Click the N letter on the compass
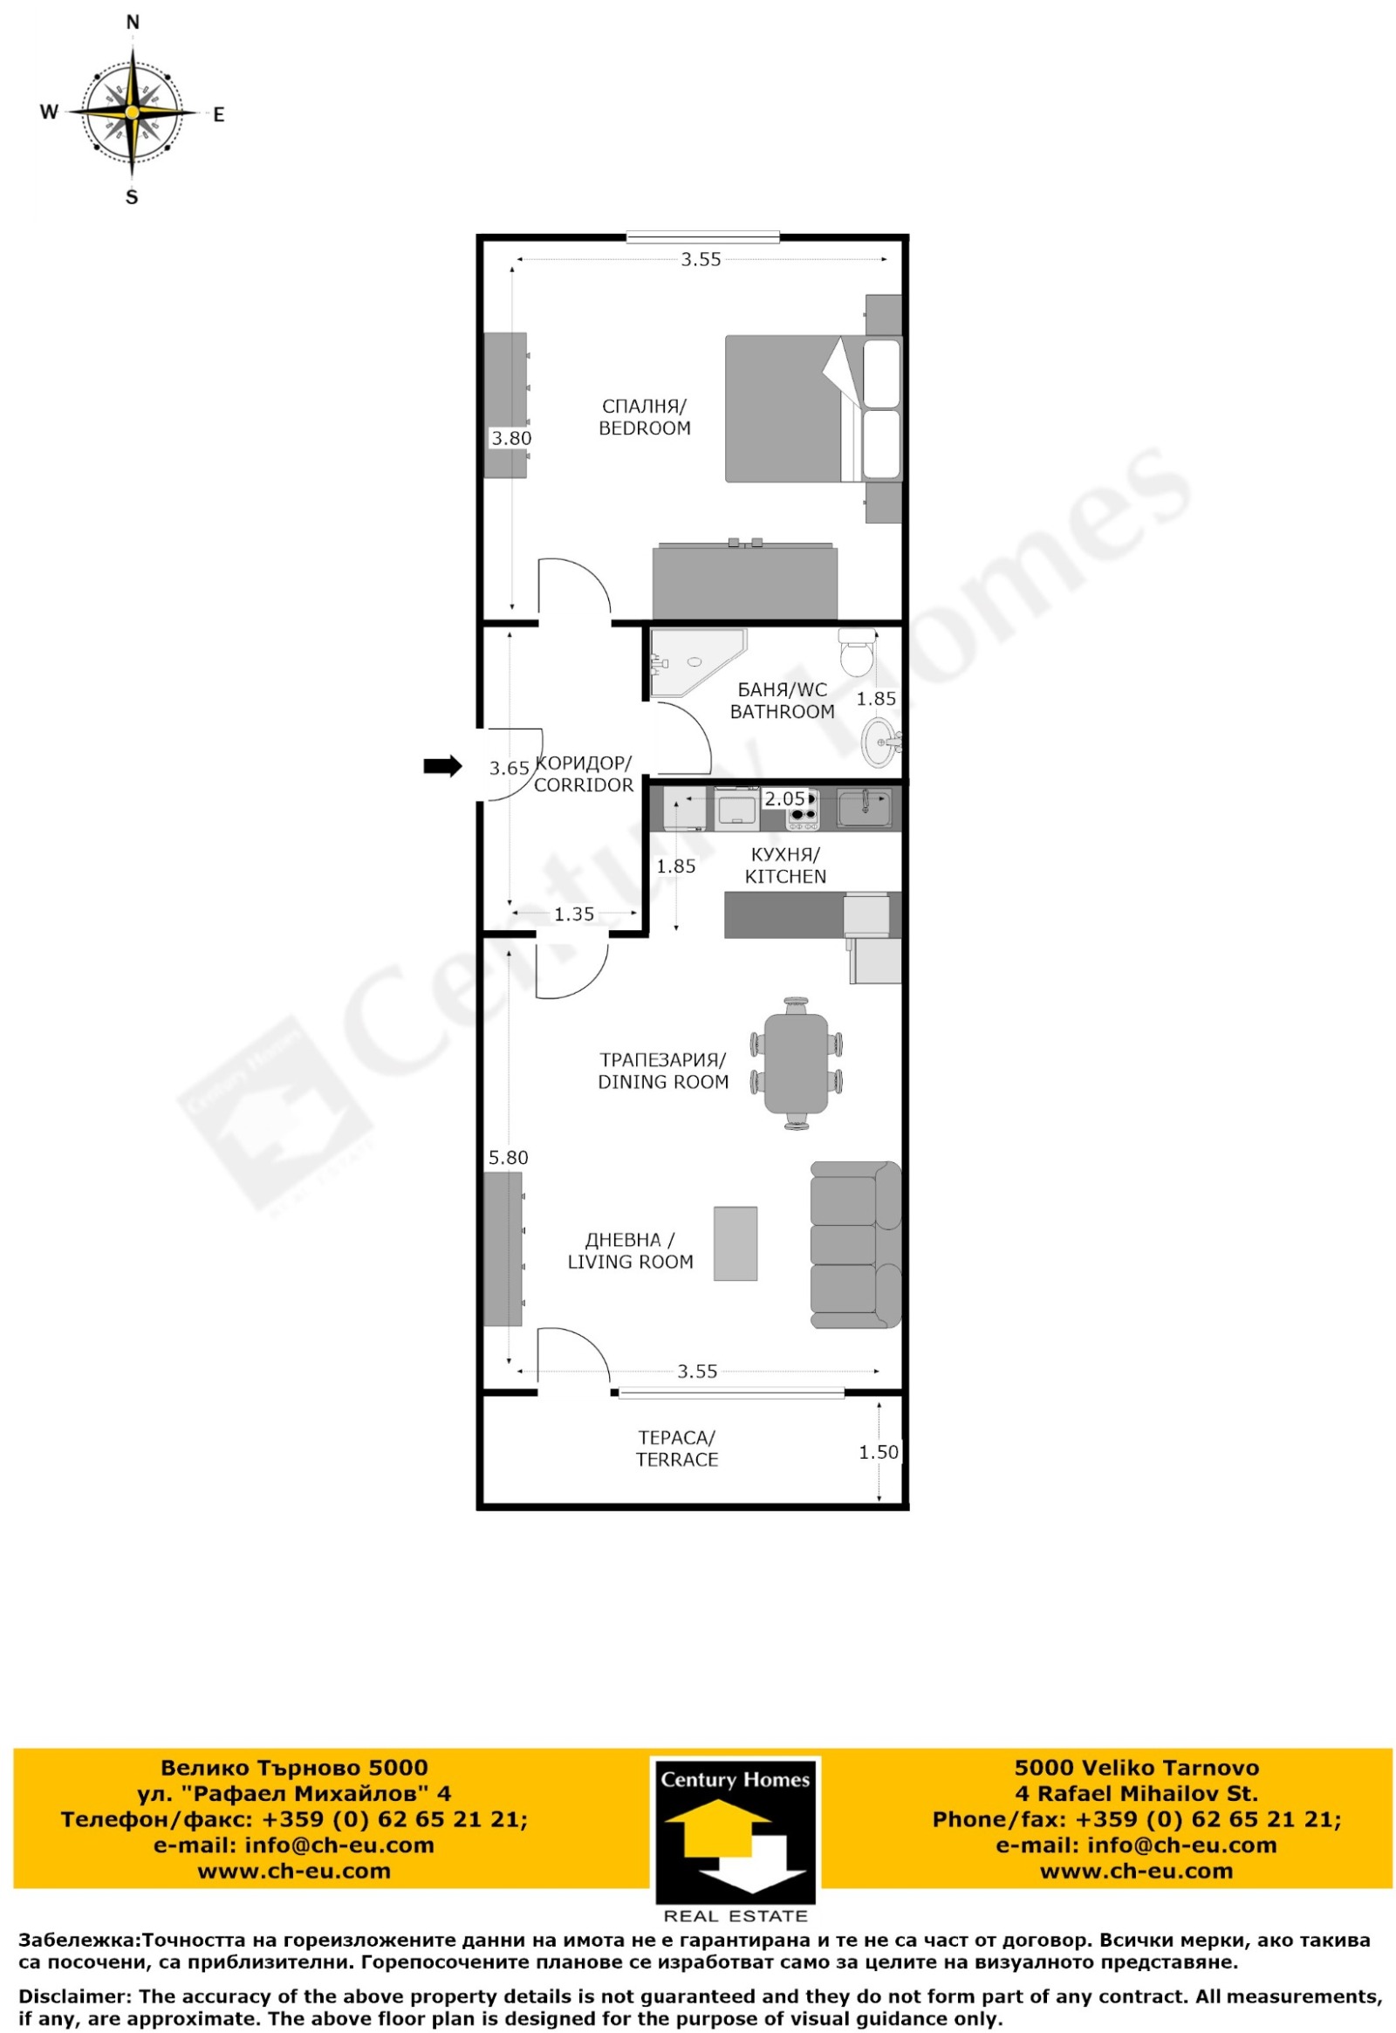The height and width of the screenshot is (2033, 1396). point(133,23)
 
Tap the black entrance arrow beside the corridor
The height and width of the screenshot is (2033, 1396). point(442,766)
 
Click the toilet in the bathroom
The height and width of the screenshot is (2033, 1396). point(856,652)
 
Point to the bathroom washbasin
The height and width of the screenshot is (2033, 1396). point(881,742)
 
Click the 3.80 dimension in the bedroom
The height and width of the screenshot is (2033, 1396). point(510,438)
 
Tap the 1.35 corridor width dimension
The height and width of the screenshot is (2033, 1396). point(574,914)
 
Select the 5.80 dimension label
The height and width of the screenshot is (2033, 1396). point(508,1157)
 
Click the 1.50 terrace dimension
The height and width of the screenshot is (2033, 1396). point(879,1452)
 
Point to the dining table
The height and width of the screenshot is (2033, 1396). point(796,1063)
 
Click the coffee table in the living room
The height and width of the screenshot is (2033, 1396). point(736,1244)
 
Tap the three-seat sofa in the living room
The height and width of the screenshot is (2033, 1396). point(855,1245)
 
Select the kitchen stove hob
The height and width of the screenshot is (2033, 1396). point(802,809)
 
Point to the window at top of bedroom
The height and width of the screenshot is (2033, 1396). point(702,236)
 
